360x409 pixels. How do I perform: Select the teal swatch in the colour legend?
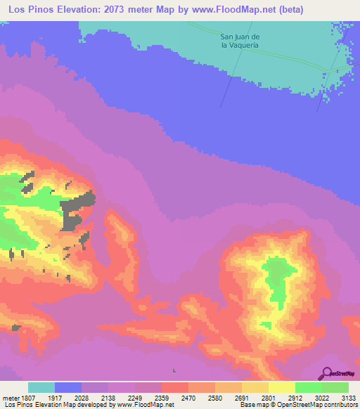[x=41, y=387]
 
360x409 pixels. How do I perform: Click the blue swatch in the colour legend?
[x=68, y=387]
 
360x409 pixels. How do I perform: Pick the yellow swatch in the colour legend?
[x=282, y=387]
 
